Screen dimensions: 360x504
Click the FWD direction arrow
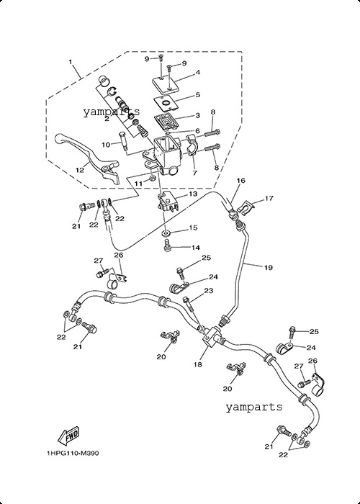[x=68, y=436]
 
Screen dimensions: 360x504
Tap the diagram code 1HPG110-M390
[x=73, y=454]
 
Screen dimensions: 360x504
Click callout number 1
[x=71, y=61]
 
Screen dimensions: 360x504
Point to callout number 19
[x=269, y=267]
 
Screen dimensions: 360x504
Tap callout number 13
[x=193, y=194]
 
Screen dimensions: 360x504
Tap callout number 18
[x=198, y=364]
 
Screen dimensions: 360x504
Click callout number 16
[x=241, y=180]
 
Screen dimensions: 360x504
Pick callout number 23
[x=209, y=291]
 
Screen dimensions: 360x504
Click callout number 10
[x=106, y=145]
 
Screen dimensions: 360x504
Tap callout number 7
[x=195, y=173]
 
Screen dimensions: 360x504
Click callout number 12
[x=80, y=170]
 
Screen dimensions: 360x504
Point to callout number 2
[x=107, y=119]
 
